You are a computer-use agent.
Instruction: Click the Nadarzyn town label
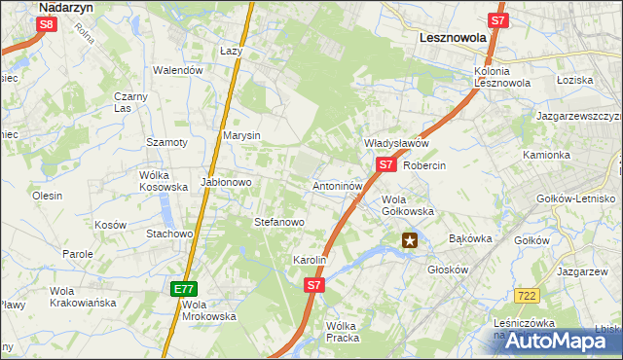[x=64, y=6]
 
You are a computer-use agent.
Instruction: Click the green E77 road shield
[x=184, y=289]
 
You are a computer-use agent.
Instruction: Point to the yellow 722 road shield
[x=528, y=295]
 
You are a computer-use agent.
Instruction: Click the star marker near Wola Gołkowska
[x=411, y=239]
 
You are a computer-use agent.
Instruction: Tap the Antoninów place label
[x=338, y=185]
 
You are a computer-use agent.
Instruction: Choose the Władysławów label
[x=396, y=143]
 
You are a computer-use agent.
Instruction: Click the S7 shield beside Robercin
[x=385, y=164]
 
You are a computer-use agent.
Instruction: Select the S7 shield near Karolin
[x=312, y=285]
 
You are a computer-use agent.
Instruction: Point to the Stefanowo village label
[x=279, y=223]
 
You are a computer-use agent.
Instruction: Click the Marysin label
[x=241, y=135]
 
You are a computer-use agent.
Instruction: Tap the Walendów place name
[x=178, y=70]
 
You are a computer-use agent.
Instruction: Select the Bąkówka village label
[x=471, y=238]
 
